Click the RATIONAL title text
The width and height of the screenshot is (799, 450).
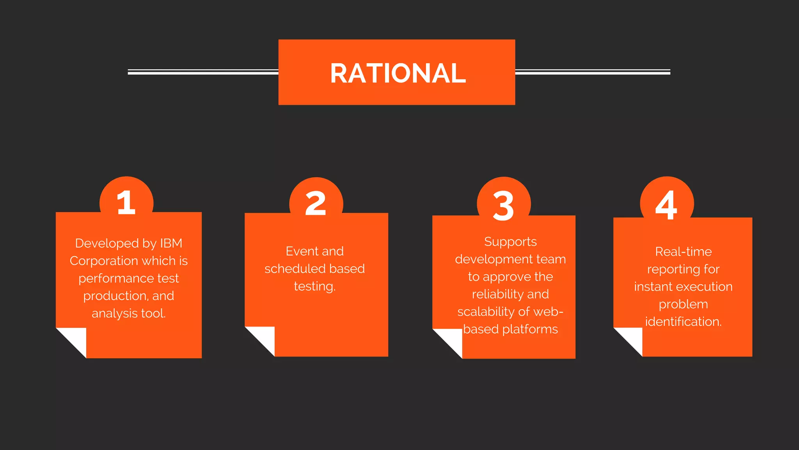398,73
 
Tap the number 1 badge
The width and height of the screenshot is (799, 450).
126,202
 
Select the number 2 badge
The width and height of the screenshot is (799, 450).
316,203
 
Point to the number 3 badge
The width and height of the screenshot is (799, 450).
503,205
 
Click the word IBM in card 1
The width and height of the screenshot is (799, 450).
171,243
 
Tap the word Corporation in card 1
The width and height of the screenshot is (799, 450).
104,261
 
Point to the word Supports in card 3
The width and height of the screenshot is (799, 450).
510,242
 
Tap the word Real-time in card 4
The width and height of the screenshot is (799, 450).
683,252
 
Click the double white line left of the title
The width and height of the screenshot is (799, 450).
203,72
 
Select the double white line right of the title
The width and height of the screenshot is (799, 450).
593,72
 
